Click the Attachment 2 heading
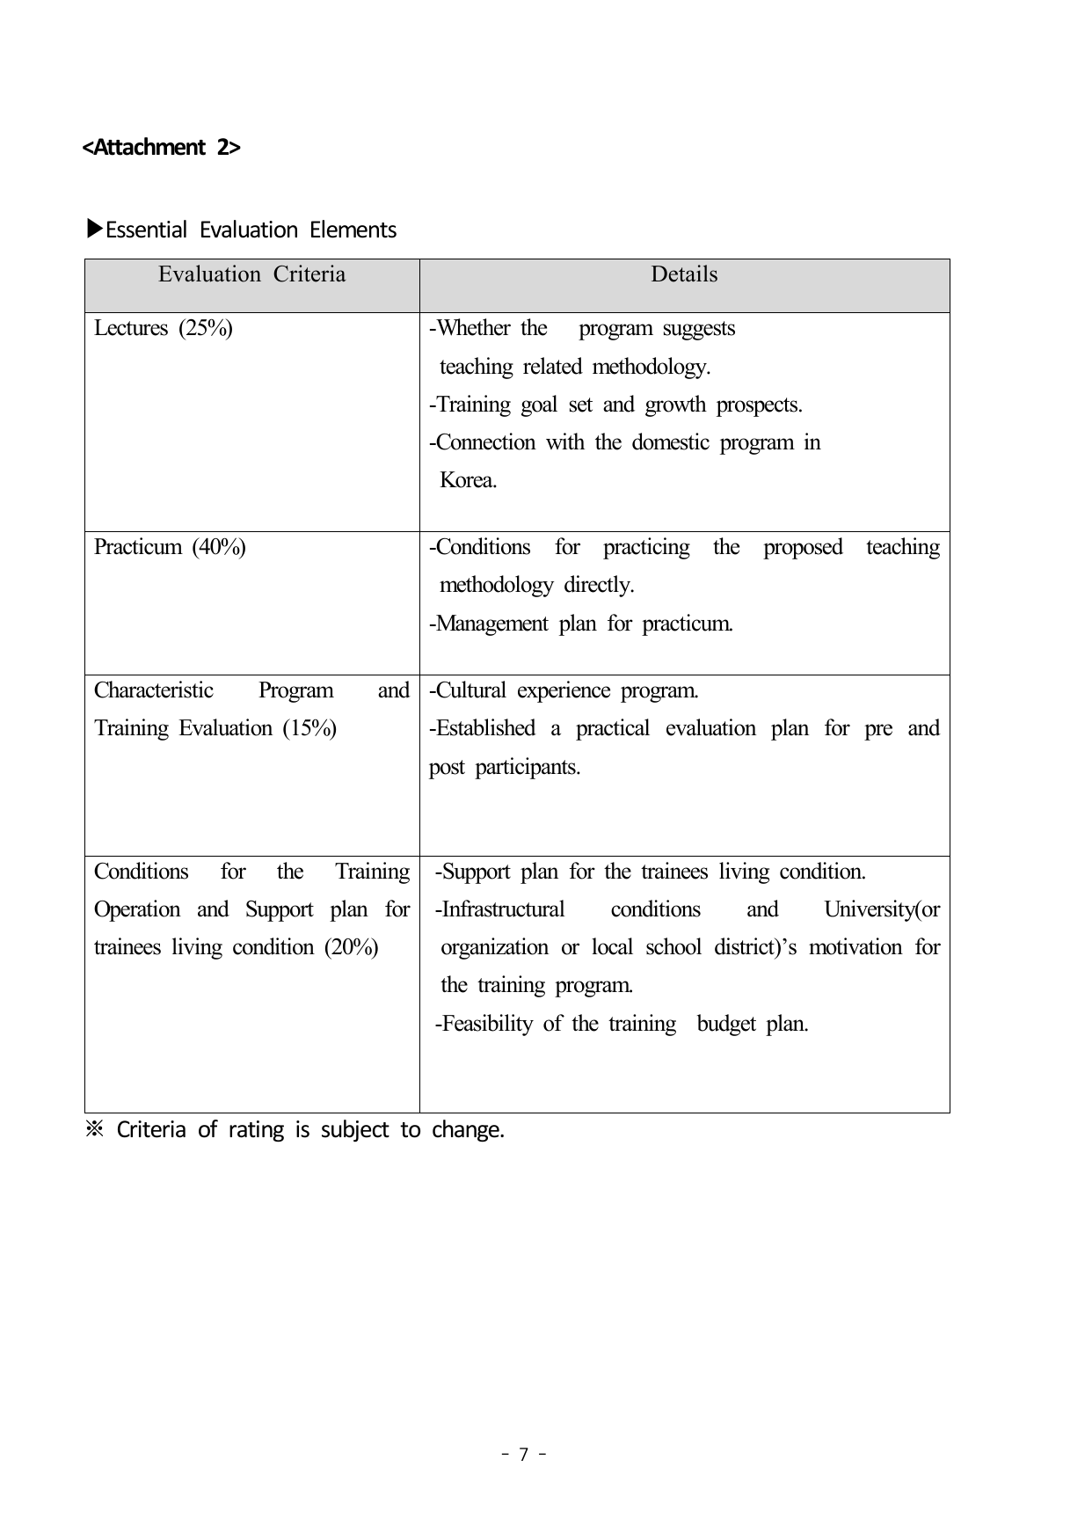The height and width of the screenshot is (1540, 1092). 161,147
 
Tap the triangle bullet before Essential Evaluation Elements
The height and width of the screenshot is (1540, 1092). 94,230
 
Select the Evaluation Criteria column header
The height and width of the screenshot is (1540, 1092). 251,274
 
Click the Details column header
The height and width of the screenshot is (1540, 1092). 684,274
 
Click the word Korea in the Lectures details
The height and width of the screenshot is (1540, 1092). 467,480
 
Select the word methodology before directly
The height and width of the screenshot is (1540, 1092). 496,585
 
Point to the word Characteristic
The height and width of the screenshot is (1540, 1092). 154,690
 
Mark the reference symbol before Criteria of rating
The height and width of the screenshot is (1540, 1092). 94,1129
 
